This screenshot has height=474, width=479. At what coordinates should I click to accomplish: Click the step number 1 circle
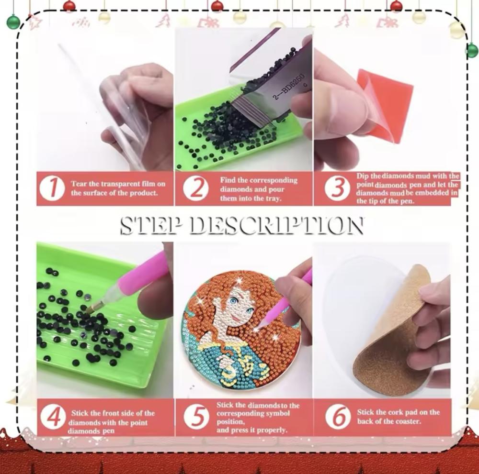pyautogui.click(x=52, y=188)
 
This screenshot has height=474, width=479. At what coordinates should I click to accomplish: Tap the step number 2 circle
pyautogui.click(x=196, y=188)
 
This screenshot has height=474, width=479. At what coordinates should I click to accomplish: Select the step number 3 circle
pyautogui.click(x=337, y=188)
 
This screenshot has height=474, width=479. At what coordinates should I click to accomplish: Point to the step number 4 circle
pyautogui.click(x=53, y=417)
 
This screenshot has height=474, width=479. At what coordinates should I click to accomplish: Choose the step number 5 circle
pyautogui.click(x=197, y=417)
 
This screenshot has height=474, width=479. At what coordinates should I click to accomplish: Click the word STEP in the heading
pyautogui.click(x=149, y=226)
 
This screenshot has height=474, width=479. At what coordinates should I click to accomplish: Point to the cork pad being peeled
pyautogui.click(x=394, y=332)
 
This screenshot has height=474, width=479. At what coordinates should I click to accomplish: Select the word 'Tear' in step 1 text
pyautogui.click(x=79, y=184)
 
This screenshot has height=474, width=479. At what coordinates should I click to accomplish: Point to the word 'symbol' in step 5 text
pyautogui.click(x=278, y=414)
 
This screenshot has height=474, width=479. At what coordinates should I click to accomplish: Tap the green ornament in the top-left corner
pyautogui.click(x=13, y=22)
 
